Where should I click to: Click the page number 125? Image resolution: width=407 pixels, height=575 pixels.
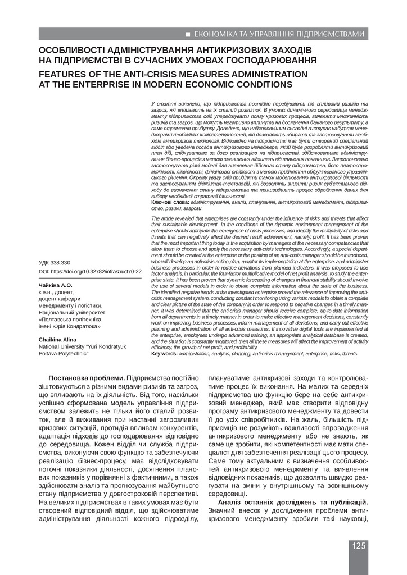click(x=360, y=546)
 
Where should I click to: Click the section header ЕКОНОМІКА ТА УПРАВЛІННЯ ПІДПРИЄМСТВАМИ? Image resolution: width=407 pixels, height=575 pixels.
click(x=281, y=35)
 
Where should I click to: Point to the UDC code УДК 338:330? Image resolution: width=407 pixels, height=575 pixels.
click(x=55, y=262)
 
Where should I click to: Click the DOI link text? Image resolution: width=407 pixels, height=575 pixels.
click(x=90, y=271)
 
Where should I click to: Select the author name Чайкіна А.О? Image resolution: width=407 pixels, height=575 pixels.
click(x=56, y=285)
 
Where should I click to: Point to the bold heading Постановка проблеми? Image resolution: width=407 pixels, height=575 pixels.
click(x=87, y=378)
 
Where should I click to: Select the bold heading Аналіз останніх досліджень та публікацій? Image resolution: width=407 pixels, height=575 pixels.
click(x=293, y=501)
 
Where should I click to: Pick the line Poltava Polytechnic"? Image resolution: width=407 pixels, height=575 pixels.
click(x=62, y=354)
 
